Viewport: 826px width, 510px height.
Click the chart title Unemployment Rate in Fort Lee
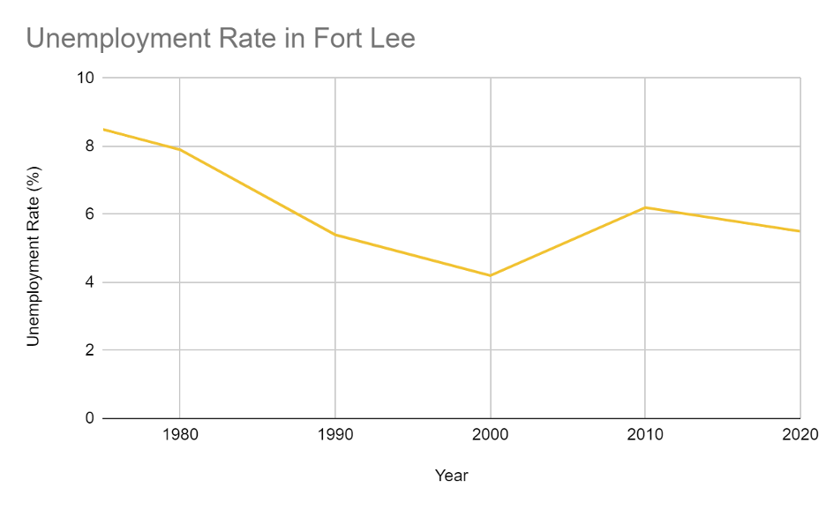pyautogui.click(x=221, y=39)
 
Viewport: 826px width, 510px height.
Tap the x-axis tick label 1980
pyautogui.click(x=180, y=435)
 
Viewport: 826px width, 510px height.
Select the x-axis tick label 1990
pyautogui.click(x=335, y=435)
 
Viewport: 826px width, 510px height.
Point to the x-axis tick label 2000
pyautogui.click(x=491, y=435)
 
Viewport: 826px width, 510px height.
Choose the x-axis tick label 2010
pyautogui.click(x=645, y=435)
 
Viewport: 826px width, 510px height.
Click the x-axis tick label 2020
pyautogui.click(x=800, y=435)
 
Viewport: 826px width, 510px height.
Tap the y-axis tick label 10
pyautogui.click(x=86, y=78)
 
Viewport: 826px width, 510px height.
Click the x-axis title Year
pyautogui.click(x=452, y=476)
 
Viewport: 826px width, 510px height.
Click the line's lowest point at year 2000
pyautogui.click(x=491, y=275)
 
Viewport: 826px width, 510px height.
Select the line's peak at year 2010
pyautogui.click(x=645, y=207)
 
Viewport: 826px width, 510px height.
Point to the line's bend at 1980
pyautogui.click(x=180, y=149)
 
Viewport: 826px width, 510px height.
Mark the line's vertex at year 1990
pyautogui.click(x=335, y=235)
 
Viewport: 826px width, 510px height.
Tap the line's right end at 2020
pyautogui.click(x=800, y=231)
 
